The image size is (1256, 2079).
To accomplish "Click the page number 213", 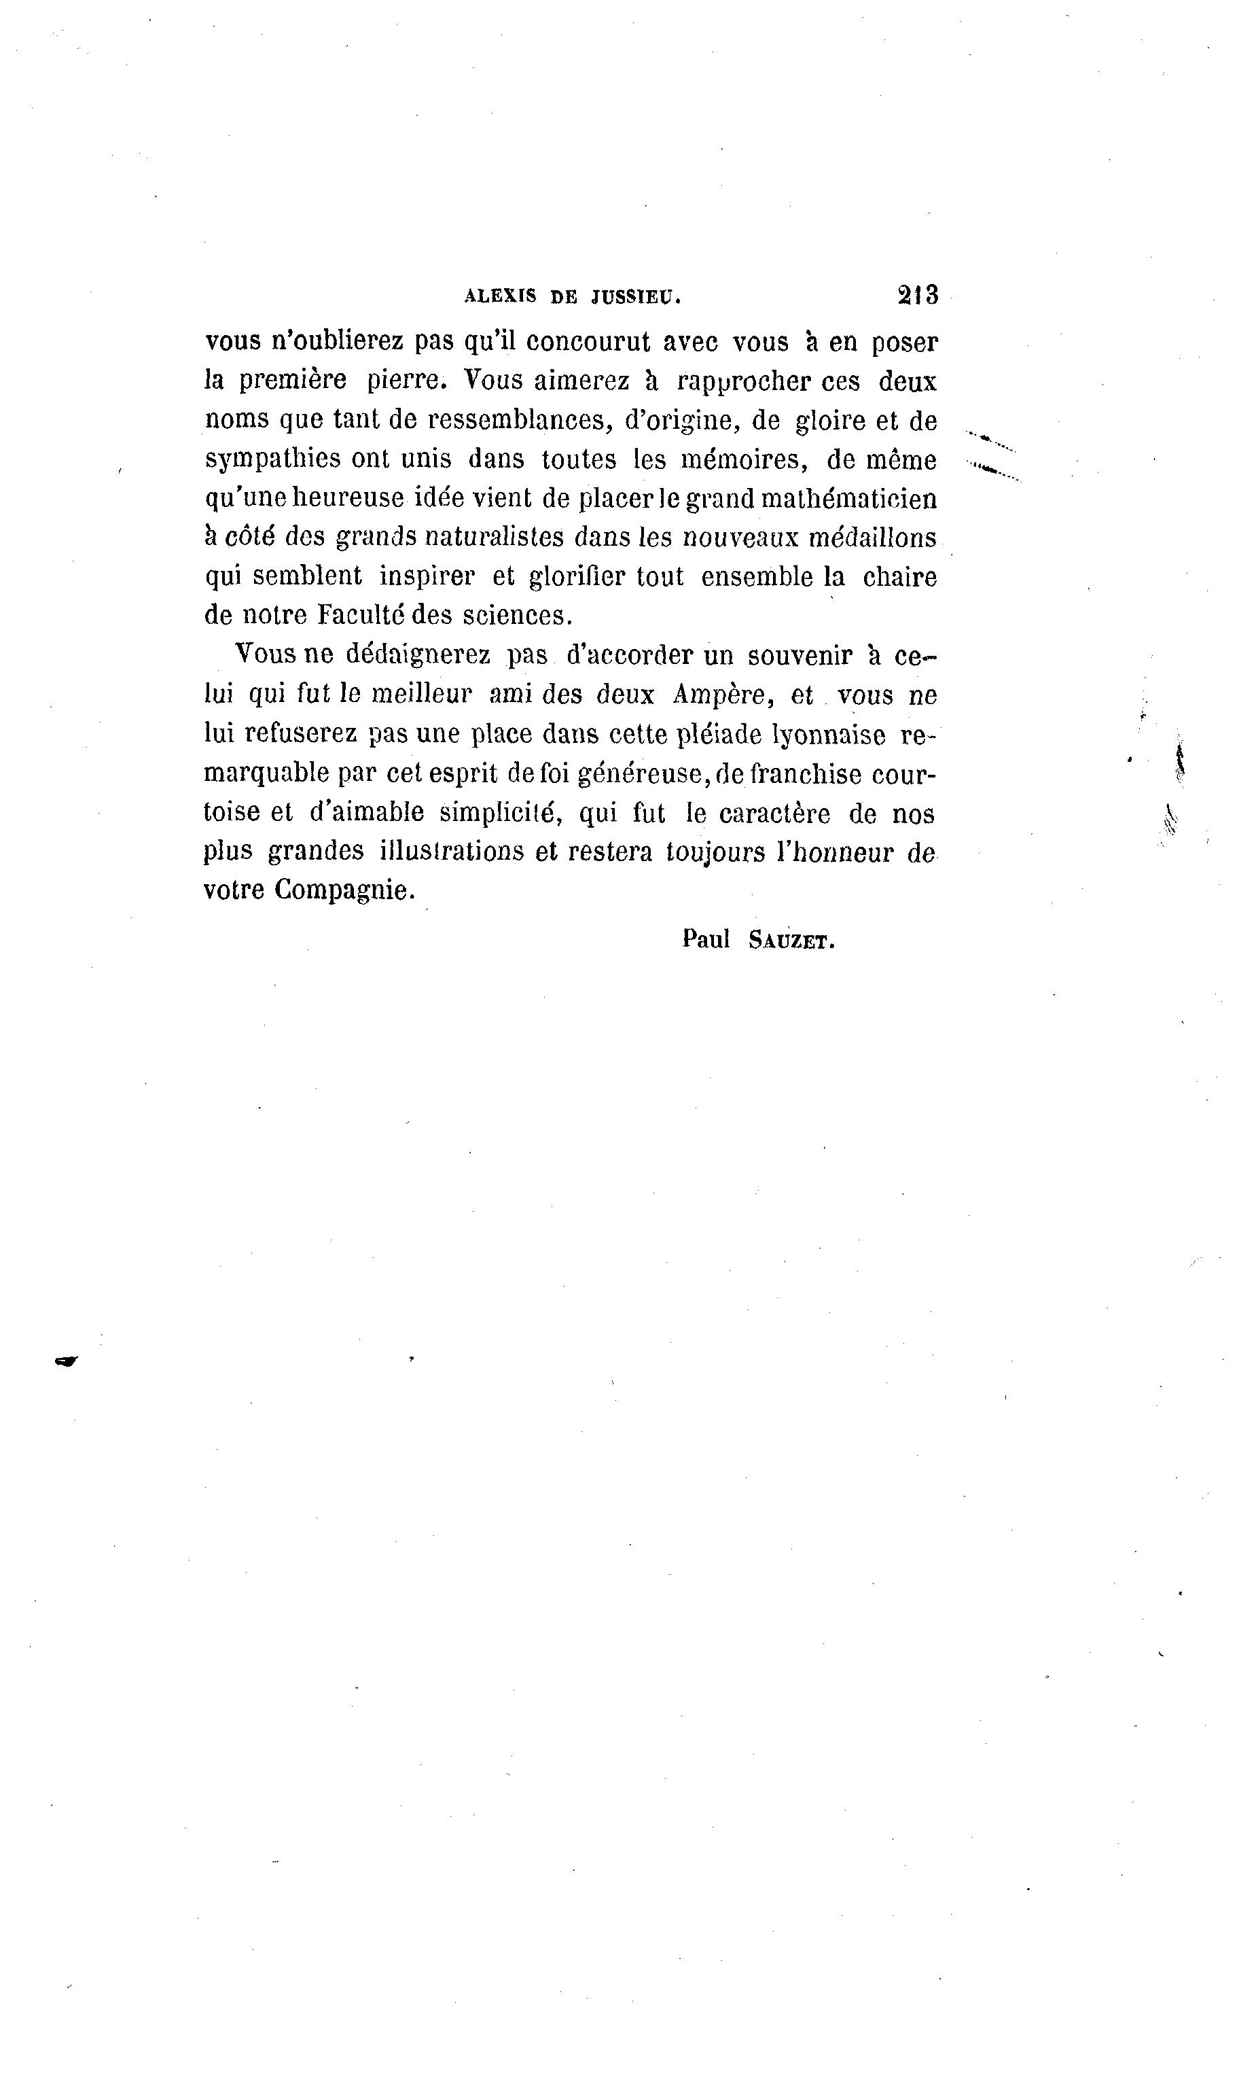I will [918, 296].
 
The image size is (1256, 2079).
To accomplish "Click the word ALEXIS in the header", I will [499, 297].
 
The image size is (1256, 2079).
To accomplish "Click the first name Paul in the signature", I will [706, 940].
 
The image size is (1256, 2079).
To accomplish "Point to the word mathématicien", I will [848, 500].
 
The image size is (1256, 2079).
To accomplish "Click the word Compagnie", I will [345, 890].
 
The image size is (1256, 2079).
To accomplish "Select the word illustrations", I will [451, 852].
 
